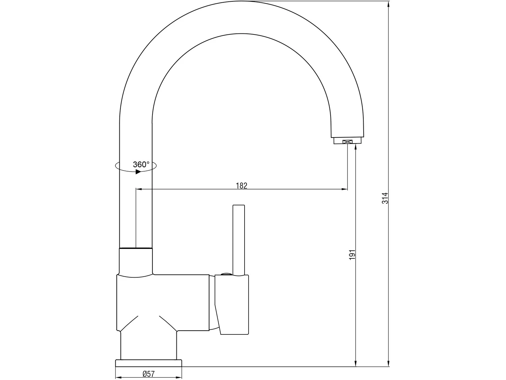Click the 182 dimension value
click(241, 185)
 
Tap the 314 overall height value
click(385, 198)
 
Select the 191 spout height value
click(352, 255)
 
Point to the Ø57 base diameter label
click(148, 374)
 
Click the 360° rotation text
click(141, 164)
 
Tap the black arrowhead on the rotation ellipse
click(138, 172)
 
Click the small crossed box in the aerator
click(347, 142)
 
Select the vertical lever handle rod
click(238, 240)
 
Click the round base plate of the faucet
click(148, 363)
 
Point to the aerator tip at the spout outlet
click(347, 141)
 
